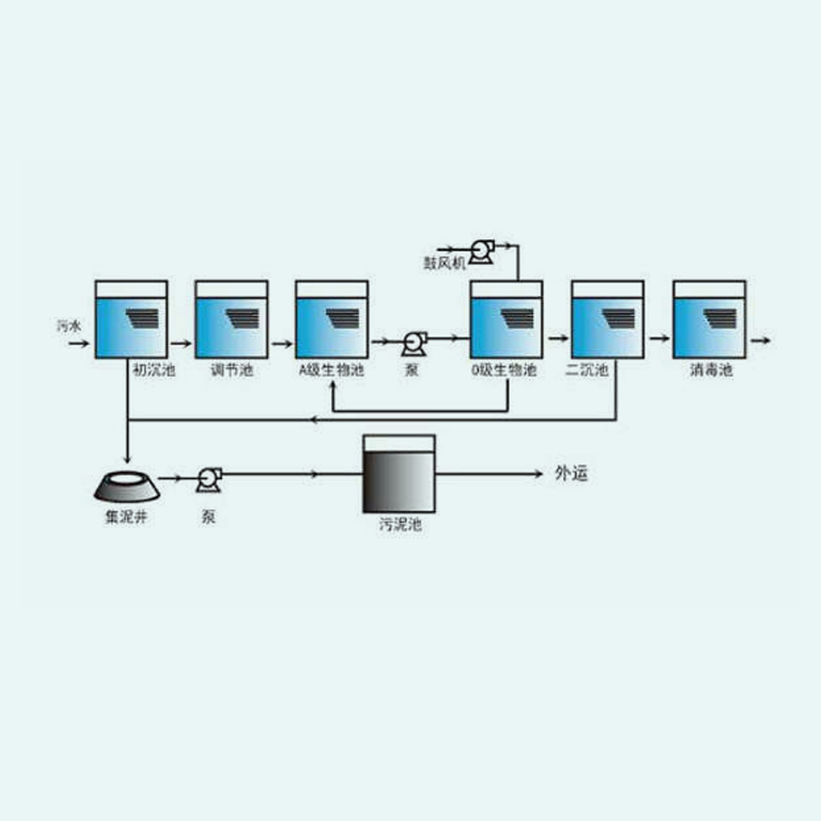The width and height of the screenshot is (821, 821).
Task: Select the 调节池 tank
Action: pyautogui.click(x=231, y=319)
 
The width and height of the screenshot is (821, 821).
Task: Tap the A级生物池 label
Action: pyautogui.click(x=331, y=370)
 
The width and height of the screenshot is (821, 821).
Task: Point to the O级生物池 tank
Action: pyautogui.click(x=506, y=319)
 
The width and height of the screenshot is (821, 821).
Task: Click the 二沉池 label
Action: pyautogui.click(x=587, y=370)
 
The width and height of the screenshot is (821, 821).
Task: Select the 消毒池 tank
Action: pyautogui.click(x=709, y=319)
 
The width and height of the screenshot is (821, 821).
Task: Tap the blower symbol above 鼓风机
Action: pyautogui.click(x=480, y=249)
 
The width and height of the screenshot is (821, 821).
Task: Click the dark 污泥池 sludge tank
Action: pyautogui.click(x=398, y=475)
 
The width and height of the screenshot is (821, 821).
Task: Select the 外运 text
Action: pyautogui.click(x=571, y=474)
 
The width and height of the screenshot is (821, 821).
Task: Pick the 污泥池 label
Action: pyautogui.click(x=400, y=525)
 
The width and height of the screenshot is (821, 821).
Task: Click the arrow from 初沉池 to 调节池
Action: pyautogui.click(x=181, y=338)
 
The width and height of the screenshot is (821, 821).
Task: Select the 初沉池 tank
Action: pyautogui.click(x=131, y=319)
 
